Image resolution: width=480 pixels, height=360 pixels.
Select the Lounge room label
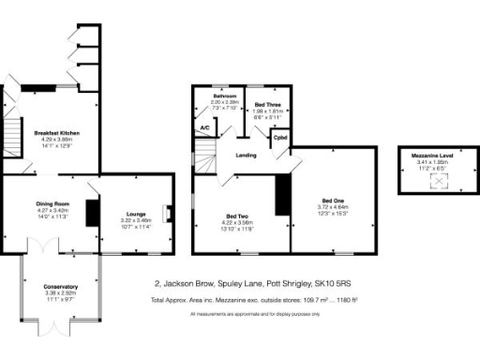click(x=137, y=214)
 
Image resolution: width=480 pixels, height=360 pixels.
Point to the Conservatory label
click(x=60, y=286)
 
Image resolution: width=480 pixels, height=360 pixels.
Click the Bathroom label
click(x=223, y=96)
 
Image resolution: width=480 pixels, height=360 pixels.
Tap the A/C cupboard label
click(x=204, y=127)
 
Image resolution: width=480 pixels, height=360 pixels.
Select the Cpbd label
click(x=279, y=138)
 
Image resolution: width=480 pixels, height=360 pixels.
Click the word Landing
click(x=247, y=155)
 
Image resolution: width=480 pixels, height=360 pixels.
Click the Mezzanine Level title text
click(x=433, y=156)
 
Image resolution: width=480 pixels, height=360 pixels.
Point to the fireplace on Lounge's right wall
click(x=167, y=213)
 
